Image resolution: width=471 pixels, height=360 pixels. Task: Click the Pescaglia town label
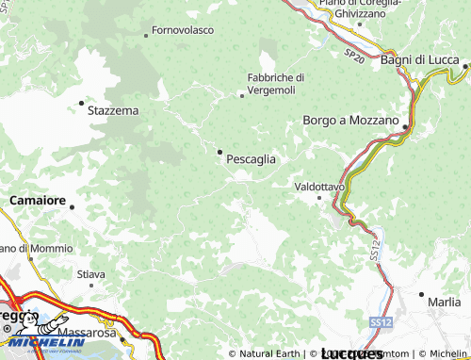pyautogui.click(x=251, y=159)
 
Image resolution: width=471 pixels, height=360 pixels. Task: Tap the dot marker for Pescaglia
pyautogui.click(x=220, y=152)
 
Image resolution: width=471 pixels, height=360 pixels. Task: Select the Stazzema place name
pyautogui.click(x=112, y=110)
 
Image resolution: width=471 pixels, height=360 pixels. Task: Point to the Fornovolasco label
pyautogui.click(x=182, y=30)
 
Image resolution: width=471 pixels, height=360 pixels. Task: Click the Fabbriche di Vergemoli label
pyautogui.click(x=275, y=83)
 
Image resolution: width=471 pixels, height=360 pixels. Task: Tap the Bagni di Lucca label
pyautogui.click(x=420, y=59)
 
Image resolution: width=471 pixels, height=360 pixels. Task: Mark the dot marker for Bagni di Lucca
pyautogui.click(x=465, y=66)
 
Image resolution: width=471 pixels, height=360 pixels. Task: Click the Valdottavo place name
pyautogui.click(x=319, y=187)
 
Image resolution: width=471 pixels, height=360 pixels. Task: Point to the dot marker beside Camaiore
pyautogui.click(x=72, y=206)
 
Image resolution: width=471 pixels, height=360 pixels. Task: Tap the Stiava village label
pyautogui.click(x=90, y=274)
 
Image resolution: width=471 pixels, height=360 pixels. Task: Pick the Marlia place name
pyautogui.click(x=444, y=303)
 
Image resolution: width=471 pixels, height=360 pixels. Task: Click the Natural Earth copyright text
pyautogui.click(x=268, y=353)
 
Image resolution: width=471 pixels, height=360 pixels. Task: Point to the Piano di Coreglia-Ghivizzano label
pyautogui.click(x=359, y=8)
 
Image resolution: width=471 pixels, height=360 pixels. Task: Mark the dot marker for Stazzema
pyautogui.click(x=81, y=103)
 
